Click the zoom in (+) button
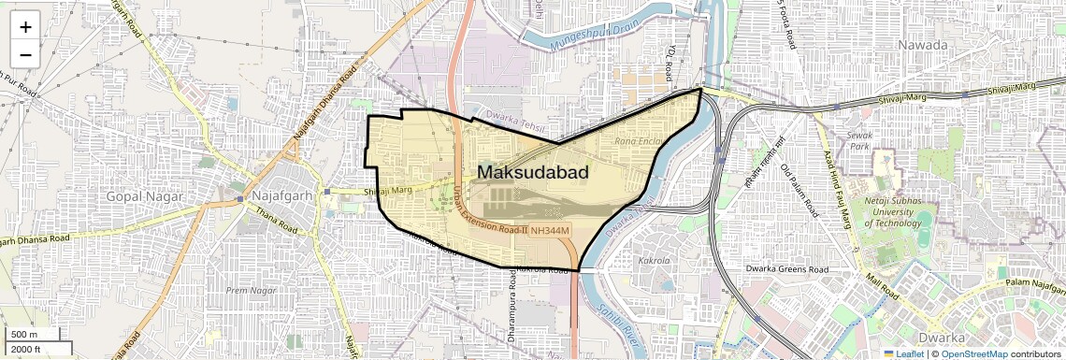[25, 27]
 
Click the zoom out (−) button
[25, 54]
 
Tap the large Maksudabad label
[533, 172]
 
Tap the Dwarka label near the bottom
[942, 338]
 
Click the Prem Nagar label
[249, 291]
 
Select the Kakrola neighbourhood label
[654, 261]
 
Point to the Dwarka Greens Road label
[787, 269]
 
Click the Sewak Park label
[858, 141]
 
